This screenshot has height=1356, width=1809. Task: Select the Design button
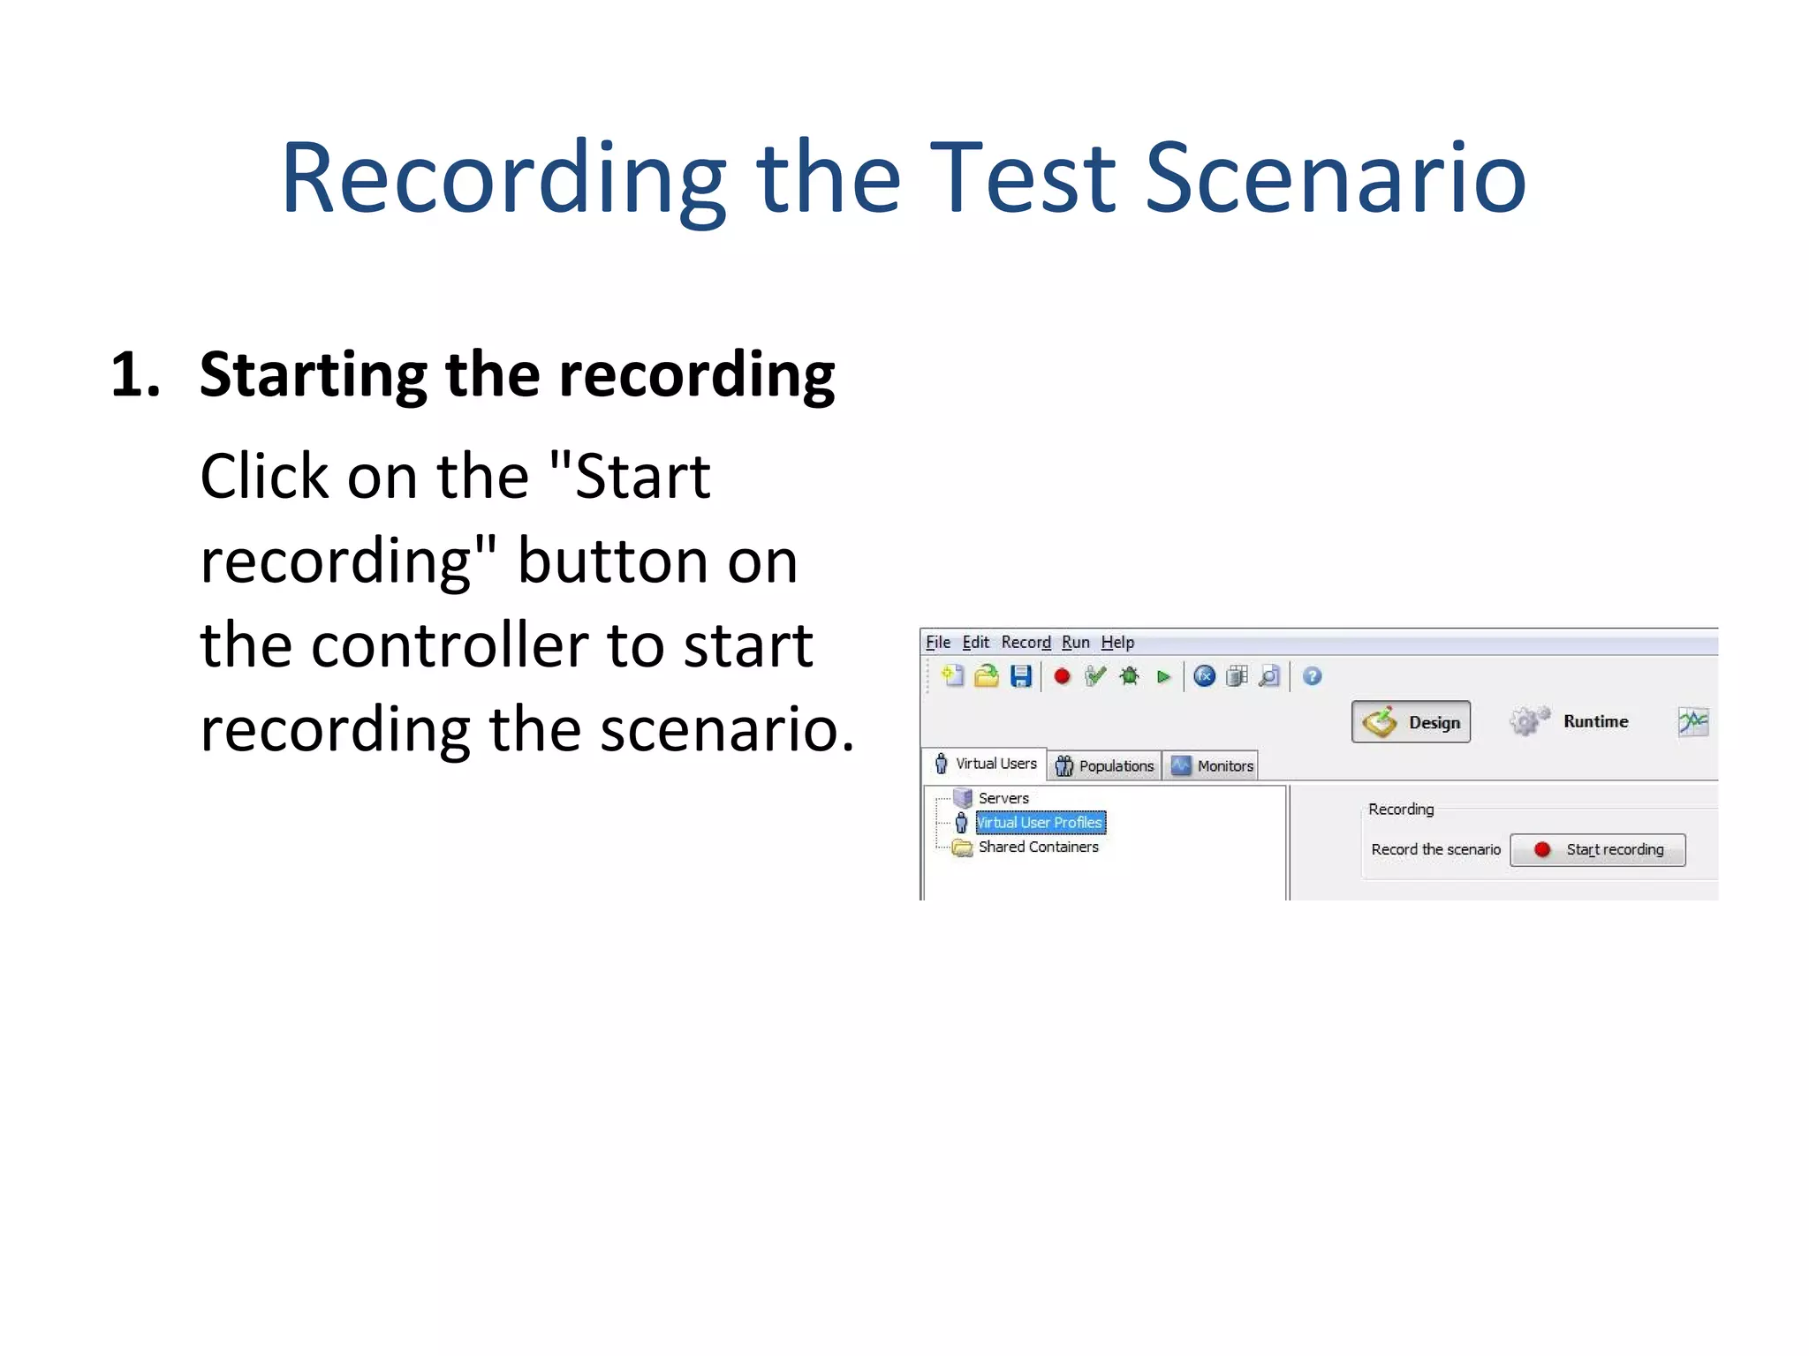click(x=1411, y=722)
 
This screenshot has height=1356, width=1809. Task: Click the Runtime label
click(x=1595, y=721)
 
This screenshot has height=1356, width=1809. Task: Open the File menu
click(x=937, y=643)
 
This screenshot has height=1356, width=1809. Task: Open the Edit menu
click(x=975, y=643)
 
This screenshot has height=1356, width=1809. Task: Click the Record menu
click(x=1026, y=643)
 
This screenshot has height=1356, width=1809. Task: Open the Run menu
click(x=1075, y=643)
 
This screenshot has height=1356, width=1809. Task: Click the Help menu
click(x=1117, y=643)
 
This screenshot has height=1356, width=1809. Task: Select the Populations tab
click(x=1105, y=765)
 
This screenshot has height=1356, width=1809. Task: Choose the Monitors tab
click(x=1213, y=765)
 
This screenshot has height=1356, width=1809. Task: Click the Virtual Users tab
click(x=986, y=764)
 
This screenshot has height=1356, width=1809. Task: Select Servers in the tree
click(x=1003, y=798)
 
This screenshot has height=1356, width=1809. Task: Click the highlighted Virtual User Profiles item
click(x=1040, y=823)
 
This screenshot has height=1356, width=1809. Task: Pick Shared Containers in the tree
click(x=1038, y=847)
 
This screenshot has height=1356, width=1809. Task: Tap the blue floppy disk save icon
click(x=1021, y=676)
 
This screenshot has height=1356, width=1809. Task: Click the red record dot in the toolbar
click(x=1062, y=676)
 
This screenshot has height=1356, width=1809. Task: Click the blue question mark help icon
click(x=1312, y=676)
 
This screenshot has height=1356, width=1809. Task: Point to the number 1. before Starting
click(x=135, y=374)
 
